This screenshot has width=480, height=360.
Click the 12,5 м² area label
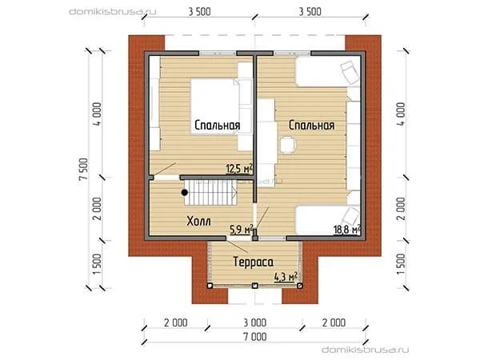click(239, 168)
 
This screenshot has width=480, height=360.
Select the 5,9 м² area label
click(242, 229)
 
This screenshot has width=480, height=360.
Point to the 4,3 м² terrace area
click(286, 277)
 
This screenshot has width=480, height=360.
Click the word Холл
click(198, 221)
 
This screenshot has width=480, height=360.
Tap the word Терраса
click(253, 262)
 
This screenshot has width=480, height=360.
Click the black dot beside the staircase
click(184, 193)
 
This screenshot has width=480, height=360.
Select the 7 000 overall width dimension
click(255, 337)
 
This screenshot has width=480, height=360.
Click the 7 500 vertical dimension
click(84, 170)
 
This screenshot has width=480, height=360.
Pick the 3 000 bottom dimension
click(255, 322)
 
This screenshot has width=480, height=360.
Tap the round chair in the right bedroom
click(288, 145)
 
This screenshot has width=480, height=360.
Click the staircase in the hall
click(210, 193)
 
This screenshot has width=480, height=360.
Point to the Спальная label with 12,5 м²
click(218, 126)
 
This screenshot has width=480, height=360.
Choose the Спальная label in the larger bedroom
click(311, 126)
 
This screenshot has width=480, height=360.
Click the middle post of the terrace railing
click(254, 286)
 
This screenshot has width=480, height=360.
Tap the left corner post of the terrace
click(210, 286)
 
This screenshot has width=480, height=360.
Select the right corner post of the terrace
click(300, 286)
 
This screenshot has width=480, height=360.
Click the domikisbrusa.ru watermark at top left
click(113, 12)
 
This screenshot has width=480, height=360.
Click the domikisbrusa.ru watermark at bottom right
click(366, 350)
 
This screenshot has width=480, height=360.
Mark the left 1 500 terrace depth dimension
click(97, 264)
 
